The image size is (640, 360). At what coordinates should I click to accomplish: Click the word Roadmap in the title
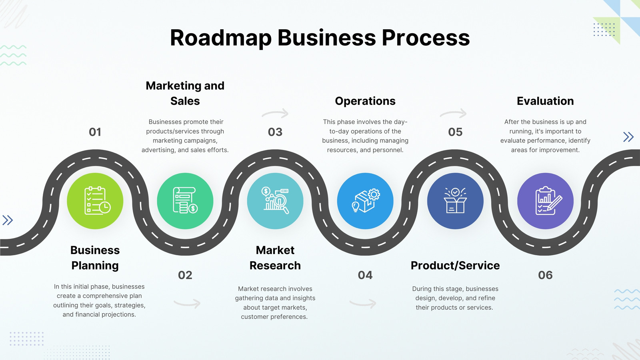tap(220, 38)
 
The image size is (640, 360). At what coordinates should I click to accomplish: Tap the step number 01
tap(95, 132)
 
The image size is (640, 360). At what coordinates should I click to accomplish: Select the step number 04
tap(365, 275)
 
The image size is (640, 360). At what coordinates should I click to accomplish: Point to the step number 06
tap(545, 275)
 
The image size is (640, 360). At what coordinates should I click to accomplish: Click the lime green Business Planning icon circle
tap(95, 201)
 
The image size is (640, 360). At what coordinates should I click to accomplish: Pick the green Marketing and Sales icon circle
tap(185, 201)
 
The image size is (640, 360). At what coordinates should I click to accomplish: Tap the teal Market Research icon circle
tap(275, 201)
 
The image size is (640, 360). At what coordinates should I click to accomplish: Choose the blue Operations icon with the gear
tap(365, 201)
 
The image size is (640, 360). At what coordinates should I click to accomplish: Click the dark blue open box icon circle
tap(455, 201)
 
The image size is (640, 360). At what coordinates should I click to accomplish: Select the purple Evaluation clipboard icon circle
tap(546, 201)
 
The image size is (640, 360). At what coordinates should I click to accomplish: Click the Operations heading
tap(365, 101)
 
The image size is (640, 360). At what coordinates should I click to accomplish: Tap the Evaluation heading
tap(545, 101)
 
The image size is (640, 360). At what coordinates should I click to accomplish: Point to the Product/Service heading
tap(455, 266)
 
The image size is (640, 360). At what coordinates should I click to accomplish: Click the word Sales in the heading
tap(185, 101)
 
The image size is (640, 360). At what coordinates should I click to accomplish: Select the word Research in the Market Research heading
tap(275, 266)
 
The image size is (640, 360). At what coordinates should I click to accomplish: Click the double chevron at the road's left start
tap(8, 220)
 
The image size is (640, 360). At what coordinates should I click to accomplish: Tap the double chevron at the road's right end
tap(628, 137)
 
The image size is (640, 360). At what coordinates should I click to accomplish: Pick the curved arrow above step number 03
tap(275, 113)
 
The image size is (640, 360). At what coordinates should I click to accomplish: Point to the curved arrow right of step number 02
tap(187, 304)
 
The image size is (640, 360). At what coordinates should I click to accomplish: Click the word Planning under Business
tap(95, 266)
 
